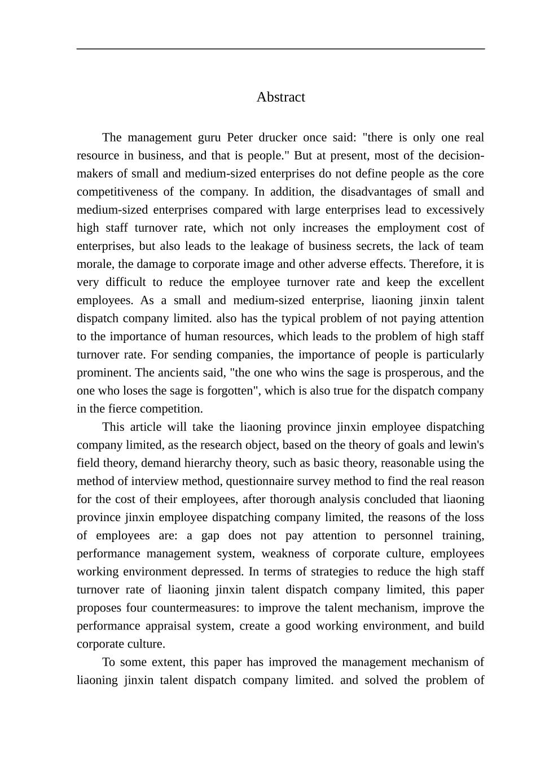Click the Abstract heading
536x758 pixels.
(280, 97)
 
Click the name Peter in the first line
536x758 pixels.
(240, 138)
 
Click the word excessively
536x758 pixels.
(455, 210)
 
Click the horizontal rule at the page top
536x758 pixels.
(280, 49)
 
